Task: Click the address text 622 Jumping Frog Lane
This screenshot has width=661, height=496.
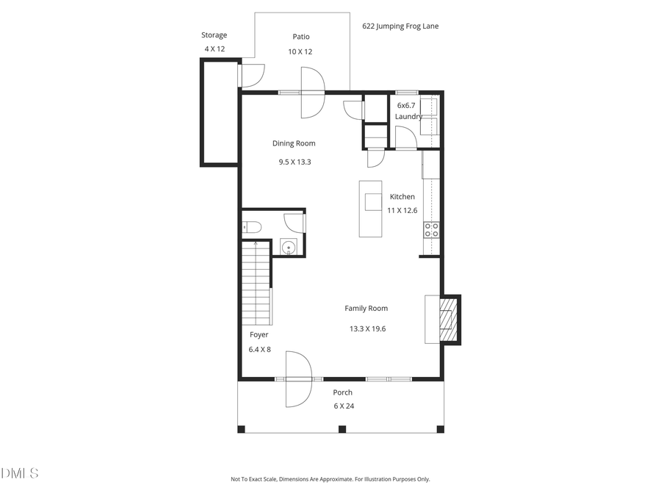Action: coord(400,26)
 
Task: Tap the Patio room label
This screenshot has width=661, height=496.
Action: coord(300,37)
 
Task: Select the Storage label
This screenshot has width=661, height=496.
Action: coord(214,35)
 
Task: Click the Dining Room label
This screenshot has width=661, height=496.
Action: coord(294,143)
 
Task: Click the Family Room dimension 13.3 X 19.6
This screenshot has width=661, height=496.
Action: coord(367,328)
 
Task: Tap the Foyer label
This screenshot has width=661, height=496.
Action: coord(259,334)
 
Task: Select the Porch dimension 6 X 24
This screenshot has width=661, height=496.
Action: coord(342,406)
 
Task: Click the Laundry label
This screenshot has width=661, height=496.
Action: coord(408,116)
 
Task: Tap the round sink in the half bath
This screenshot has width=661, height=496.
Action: coord(289,248)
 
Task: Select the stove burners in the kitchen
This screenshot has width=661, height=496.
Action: coord(431,230)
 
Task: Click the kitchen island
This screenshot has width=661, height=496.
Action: coord(371,209)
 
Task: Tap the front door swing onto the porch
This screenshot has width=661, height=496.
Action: coord(298,379)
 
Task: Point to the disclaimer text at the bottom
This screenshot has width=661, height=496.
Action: coord(330,479)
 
